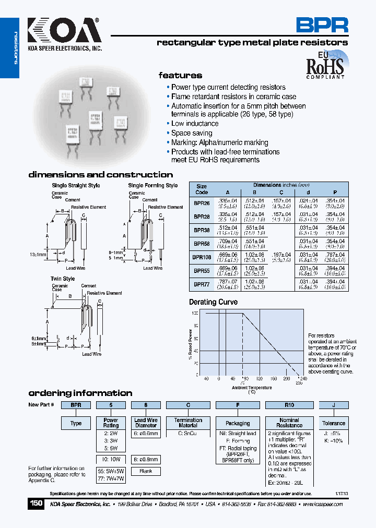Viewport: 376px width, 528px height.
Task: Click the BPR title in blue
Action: point(322,25)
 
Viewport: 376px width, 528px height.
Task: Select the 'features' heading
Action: point(180,75)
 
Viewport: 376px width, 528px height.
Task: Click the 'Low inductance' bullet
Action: point(195,124)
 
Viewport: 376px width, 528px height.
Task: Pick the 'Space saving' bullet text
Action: point(192,133)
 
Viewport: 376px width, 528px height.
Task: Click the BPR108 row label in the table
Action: point(202,257)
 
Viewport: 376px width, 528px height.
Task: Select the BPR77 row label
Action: point(202,284)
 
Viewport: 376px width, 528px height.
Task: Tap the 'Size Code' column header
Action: point(202,189)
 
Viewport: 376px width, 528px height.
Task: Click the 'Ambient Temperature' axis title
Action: point(252,388)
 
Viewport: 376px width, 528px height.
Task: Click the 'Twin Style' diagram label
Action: point(63,279)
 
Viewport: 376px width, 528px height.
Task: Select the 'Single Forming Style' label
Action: point(153,185)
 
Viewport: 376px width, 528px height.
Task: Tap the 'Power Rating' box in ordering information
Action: point(111,423)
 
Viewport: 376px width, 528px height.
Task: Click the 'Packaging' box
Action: point(238,423)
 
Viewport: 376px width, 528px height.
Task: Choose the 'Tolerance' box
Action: point(333,423)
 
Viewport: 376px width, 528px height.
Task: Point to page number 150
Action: point(36,503)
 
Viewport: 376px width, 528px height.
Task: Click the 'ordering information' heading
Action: point(80,393)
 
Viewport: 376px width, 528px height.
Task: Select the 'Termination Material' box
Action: point(188,423)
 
